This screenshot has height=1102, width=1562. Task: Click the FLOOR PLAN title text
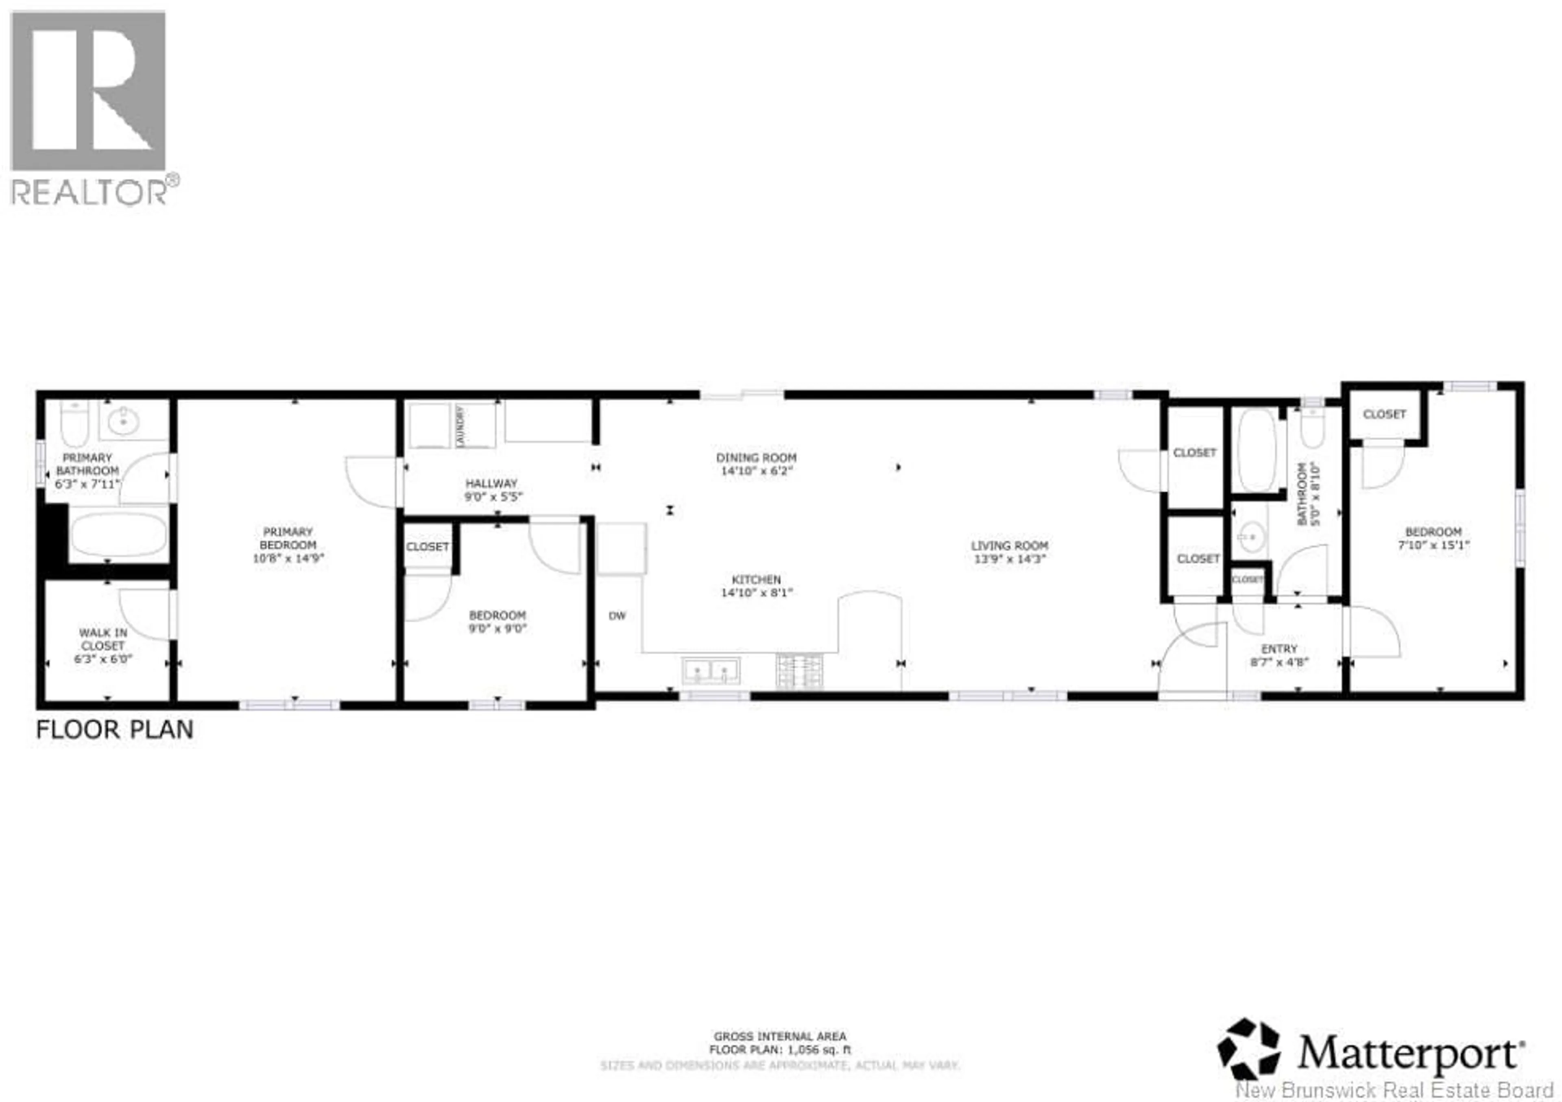(x=114, y=730)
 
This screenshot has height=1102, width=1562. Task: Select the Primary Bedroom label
(x=288, y=538)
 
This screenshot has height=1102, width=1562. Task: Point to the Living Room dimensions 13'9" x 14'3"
(x=1010, y=559)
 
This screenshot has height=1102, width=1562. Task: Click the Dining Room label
(x=756, y=458)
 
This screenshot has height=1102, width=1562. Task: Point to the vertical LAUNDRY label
(x=460, y=426)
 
